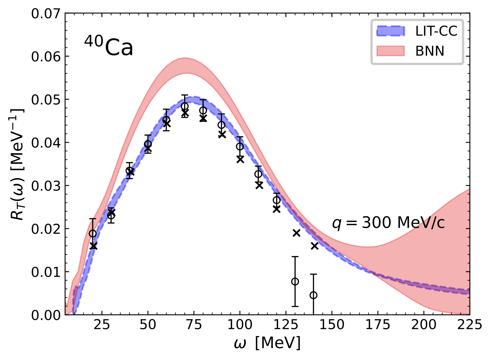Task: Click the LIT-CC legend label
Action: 436,31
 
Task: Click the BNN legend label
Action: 430,51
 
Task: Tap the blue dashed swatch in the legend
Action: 391,31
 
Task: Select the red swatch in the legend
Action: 391,51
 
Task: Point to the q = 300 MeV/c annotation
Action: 388,223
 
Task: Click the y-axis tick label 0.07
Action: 45,14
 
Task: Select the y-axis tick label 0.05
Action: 45,100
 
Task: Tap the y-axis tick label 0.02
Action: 45,229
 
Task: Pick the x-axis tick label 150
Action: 332,325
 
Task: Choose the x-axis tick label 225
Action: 470,325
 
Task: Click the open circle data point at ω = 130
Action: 295,281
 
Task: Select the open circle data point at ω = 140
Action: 313,295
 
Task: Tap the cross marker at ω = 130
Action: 297,233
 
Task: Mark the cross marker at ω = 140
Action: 315,246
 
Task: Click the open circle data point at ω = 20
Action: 93,233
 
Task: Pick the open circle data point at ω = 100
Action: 240,146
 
